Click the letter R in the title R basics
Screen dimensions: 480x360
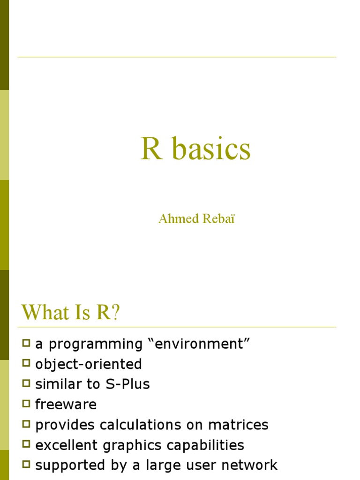[x=151, y=149]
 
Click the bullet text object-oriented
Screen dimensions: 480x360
[x=89, y=364]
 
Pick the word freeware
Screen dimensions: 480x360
[x=66, y=405]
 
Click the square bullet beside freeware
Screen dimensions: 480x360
[x=26, y=404]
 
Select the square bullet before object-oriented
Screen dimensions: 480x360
[x=26, y=364]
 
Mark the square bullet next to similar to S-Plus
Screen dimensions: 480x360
[x=26, y=384]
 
